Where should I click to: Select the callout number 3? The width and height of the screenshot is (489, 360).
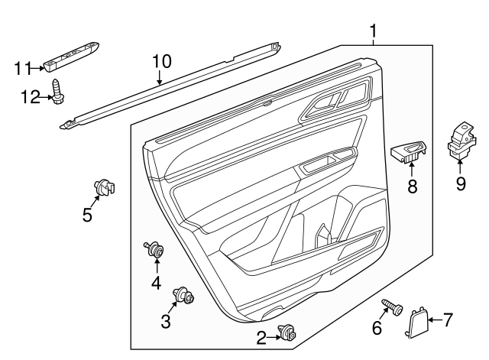point(166,321)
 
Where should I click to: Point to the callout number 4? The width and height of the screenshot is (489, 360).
point(156,283)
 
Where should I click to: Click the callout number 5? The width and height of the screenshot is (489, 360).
point(88,215)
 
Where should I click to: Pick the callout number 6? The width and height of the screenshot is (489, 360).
point(376,327)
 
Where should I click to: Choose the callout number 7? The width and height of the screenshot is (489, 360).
point(448,318)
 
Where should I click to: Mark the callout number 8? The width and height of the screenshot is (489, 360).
point(412,186)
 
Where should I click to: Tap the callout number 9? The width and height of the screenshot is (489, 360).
point(460,183)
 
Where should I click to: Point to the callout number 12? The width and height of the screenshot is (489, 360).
point(28,96)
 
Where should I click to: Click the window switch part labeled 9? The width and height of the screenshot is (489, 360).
point(461,141)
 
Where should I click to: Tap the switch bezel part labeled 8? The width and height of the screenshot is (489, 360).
point(410,151)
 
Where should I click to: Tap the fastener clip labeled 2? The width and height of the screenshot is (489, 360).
point(289,332)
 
